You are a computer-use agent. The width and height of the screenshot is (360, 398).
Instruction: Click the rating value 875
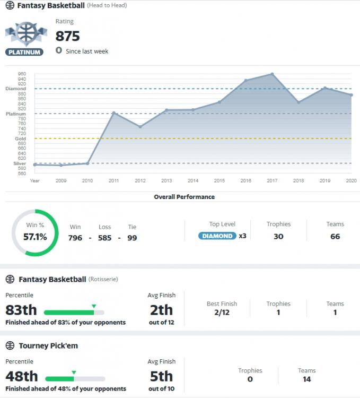67,36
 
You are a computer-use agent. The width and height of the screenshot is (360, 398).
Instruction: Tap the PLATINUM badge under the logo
24,52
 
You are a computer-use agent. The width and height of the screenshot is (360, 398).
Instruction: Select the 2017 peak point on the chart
272,74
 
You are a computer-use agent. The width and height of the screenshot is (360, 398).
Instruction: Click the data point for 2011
113,113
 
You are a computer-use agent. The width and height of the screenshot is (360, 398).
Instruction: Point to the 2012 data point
140,127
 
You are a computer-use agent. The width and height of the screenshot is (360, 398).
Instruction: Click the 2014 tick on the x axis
193,181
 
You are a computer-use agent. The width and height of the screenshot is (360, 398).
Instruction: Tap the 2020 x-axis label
351,181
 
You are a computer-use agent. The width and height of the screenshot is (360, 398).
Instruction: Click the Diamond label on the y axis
13,89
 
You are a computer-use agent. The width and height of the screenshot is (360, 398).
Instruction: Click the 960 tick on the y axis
21,74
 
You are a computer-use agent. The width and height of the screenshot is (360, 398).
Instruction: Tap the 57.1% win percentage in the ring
36,237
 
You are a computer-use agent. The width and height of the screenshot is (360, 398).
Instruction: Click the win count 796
75,238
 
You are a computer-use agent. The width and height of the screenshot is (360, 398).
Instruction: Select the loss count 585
104,238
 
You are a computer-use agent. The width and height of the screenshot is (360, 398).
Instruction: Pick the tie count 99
132,238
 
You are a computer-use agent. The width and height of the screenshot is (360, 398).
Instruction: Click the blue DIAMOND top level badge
217,236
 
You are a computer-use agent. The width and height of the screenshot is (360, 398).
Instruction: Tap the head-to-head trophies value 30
278,236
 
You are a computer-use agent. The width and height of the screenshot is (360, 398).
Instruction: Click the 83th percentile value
21,310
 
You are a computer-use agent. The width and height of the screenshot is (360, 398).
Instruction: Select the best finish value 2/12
222,313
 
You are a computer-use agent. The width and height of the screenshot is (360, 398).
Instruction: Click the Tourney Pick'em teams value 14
307,379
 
